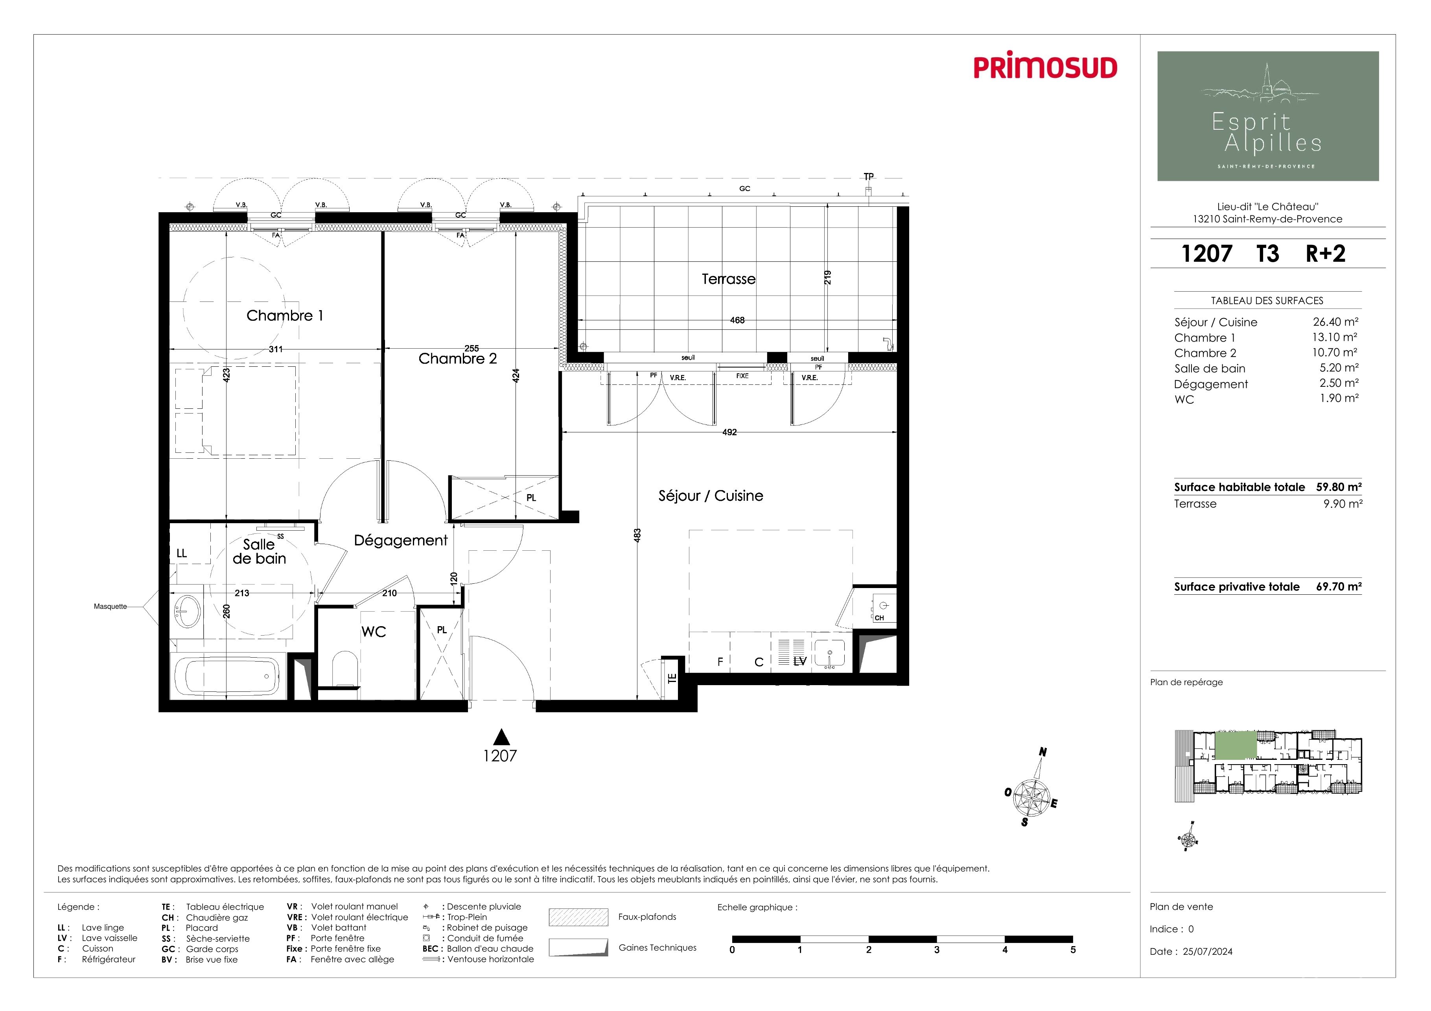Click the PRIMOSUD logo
[x=1045, y=67]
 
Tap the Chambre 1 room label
[x=285, y=316]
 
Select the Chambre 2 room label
[x=457, y=359]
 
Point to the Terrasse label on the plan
[x=729, y=279]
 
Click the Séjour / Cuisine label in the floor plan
[x=711, y=496]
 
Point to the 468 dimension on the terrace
[x=737, y=320]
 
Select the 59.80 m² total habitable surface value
[x=1339, y=487]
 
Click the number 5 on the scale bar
[x=1073, y=950]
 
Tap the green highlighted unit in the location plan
[x=1236, y=746]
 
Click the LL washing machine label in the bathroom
[x=181, y=553]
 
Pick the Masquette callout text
[x=111, y=606]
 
